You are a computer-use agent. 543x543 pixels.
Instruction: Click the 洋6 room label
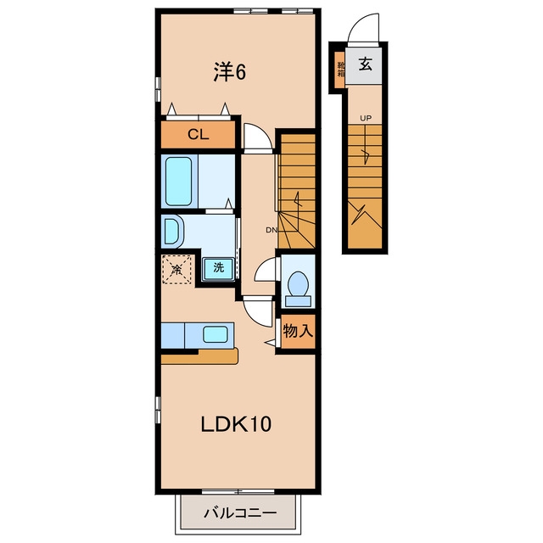[x=229, y=72]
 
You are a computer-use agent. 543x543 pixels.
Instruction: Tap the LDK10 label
[x=236, y=424]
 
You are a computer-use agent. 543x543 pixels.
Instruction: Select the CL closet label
[x=198, y=134]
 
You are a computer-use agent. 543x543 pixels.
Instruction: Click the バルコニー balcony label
[x=240, y=512]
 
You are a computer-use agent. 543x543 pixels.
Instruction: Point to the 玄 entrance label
[x=366, y=64]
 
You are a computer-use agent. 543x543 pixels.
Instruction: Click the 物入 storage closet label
[x=298, y=331]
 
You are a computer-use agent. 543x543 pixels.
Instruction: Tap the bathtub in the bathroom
[x=179, y=181]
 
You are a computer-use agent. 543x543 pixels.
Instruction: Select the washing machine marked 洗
[x=218, y=268]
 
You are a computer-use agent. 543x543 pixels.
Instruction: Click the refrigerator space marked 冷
[x=176, y=270]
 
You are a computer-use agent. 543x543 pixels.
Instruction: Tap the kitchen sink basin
[x=216, y=334]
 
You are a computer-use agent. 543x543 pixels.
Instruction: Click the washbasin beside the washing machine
[x=172, y=231]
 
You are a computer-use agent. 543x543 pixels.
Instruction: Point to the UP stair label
[x=366, y=119]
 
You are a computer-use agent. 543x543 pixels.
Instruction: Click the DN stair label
[x=271, y=230]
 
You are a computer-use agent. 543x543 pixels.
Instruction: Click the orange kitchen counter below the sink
[x=199, y=356]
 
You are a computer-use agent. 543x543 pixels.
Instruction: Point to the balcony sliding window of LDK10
[x=238, y=491]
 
